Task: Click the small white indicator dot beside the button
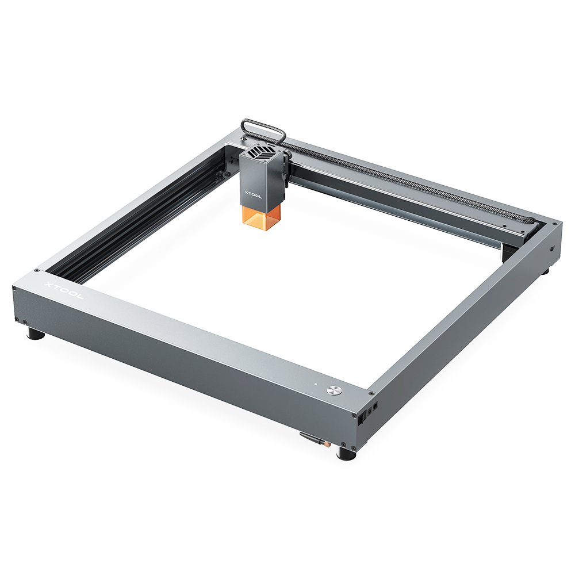tap(315, 383)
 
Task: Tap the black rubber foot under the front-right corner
tap(346, 454)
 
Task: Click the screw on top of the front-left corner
tap(37, 270)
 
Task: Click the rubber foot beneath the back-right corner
tap(544, 269)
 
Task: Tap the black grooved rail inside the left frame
tap(144, 230)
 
